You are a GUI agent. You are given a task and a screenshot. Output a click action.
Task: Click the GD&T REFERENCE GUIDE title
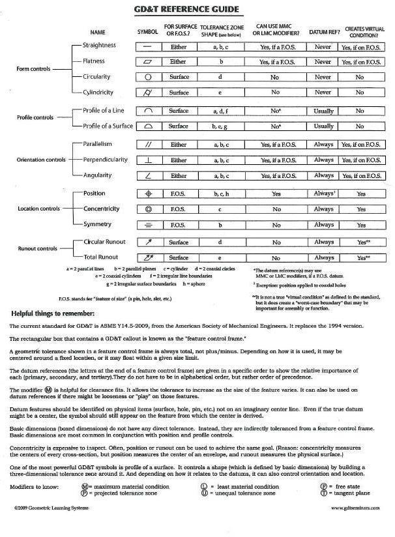click(x=198, y=9)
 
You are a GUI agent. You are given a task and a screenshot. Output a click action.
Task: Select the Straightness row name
click(x=99, y=46)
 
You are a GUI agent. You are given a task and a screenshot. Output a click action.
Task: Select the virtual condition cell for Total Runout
click(x=360, y=258)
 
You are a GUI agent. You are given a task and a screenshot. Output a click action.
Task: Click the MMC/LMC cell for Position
click(x=276, y=194)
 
